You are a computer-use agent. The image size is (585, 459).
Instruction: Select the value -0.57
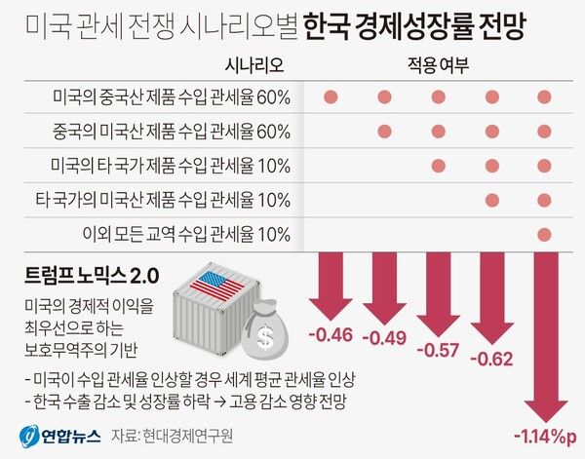click(x=438, y=350)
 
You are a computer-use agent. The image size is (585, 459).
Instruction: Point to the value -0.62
click(x=491, y=360)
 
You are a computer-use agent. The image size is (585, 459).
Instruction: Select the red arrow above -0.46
click(x=330, y=288)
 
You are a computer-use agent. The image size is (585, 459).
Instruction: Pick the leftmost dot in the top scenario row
click(x=330, y=96)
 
